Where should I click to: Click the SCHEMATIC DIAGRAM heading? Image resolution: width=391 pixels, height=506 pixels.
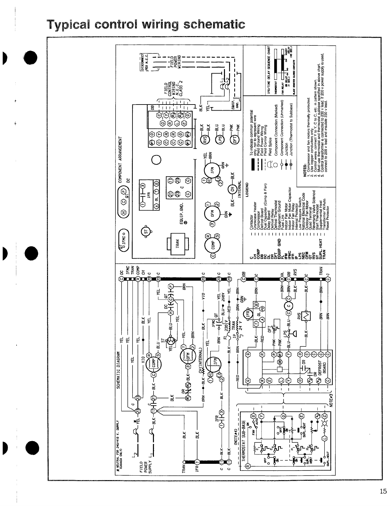pyautogui.click(x=118, y=370)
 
